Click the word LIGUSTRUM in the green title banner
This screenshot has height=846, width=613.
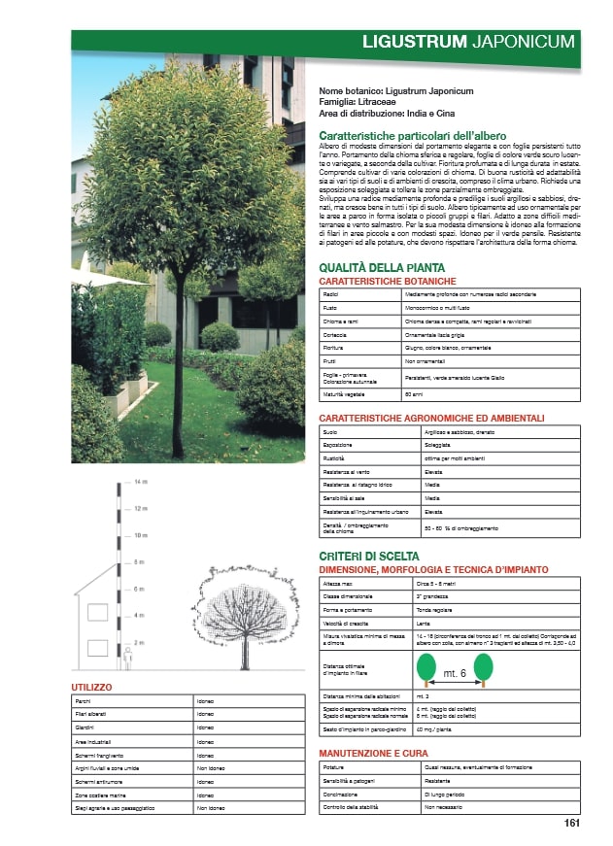pyautogui.click(x=414, y=43)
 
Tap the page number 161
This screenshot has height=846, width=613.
pyautogui.click(x=572, y=824)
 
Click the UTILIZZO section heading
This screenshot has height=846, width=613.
pyautogui.click(x=93, y=687)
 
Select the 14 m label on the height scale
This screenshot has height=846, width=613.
pyautogui.click(x=141, y=482)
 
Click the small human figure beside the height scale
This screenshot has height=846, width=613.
pyautogui.click(x=126, y=658)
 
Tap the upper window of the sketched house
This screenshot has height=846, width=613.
pyautogui.click(x=97, y=614)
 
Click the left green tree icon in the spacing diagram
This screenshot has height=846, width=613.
pyautogui.click(x=426, y=668)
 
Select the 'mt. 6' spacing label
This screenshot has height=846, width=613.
pyautogui.click(x=455, y=673)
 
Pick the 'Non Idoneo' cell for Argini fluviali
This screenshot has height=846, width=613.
pyautogui.click(x=212, y=767)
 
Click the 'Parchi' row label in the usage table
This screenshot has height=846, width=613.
pyautogui.click(x=85, y=700)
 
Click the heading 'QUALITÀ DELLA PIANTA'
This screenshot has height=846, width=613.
pyautogui.click(x=382, y=268)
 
